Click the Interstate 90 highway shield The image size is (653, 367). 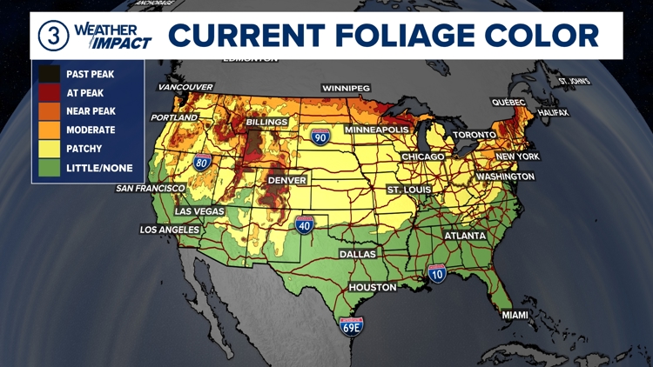pyautogui.click(x=320, y=137)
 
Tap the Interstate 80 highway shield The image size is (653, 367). pyautogui.click(x=201, y=162)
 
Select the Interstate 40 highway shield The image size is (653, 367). pyautogui.click(x=304, y=226)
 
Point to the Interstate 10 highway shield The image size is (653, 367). pyautogui.click(x=437, y=275)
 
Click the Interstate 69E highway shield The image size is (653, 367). pyautogui.click(x=352, y=326)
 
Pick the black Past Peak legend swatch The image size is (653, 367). pyautogui.click(x=49, y=75)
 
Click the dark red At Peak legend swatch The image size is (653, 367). pyautogui.click(x=49, y=93)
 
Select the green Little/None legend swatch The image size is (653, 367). pyautogui.click(x=49, y=168)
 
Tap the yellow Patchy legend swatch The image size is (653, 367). pyautogui.click(x=49, y=149)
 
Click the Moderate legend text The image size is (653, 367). pyautogui.click(x=91, y=130)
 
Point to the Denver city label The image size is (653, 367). pyautogui.click(x=287, y=180)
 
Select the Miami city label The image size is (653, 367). pyautogui.click(x=515, y=315)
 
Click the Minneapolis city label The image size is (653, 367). pyautogui.click(x=376, y=130)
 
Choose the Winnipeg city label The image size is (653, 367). pyautogui.click(x=346, y=89)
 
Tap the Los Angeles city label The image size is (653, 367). pyautogui.click(x=170, y=230)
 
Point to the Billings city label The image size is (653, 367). pyautogui.click(x=266, y=123)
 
